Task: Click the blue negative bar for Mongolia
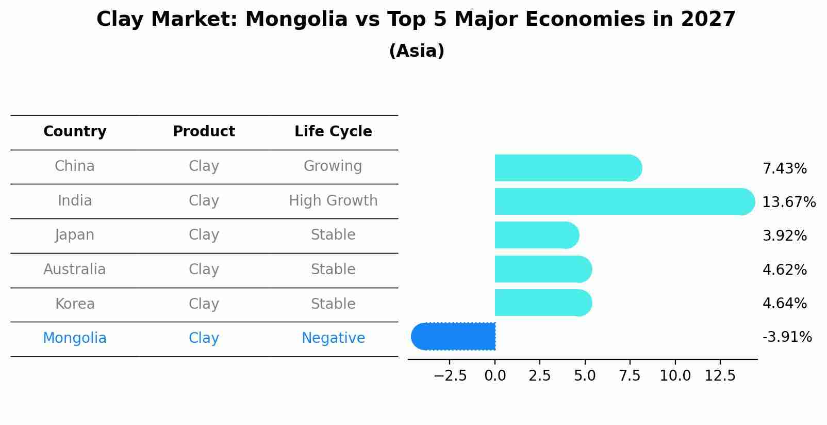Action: point(454,336)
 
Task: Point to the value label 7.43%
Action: point(784,169)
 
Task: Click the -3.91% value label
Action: point(787,337)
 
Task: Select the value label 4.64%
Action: point(784,303)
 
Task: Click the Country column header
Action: point(75,132)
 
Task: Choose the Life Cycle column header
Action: point(333,132)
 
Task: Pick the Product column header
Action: point(204,132)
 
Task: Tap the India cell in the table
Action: point(75,200)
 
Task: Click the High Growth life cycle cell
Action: point(333,200)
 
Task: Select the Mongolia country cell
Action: point(75,338)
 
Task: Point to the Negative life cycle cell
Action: point(333,338)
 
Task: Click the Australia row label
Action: point(75,270)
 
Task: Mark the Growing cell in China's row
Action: point(333,166)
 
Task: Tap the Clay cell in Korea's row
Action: point(204,304)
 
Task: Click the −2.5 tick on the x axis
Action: point(450,376)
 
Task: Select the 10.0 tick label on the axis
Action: point(675,376)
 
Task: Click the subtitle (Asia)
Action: point(417,51)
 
